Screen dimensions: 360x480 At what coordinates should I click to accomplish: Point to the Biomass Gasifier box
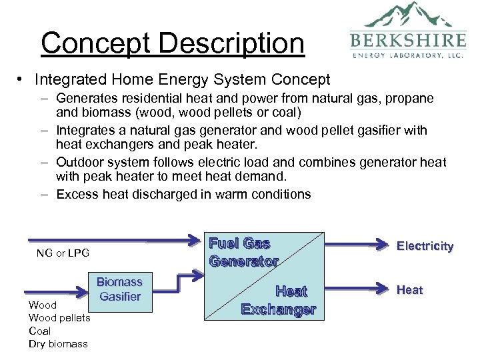[x=119, y=289]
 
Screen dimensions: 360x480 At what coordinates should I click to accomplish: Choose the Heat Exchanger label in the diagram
[x=279, y=300]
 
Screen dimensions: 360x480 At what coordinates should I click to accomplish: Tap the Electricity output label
[x=425, y=246]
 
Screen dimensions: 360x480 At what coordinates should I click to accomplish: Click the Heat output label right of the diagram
[x=409, y=289]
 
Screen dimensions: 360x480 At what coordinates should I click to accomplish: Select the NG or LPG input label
[x=63, y=253]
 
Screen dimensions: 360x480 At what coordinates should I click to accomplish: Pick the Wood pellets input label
[x=59, y=317]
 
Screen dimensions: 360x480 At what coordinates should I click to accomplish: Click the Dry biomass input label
[x=58, y=344]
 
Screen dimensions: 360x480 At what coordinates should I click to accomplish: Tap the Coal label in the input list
[x=40, y=331]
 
